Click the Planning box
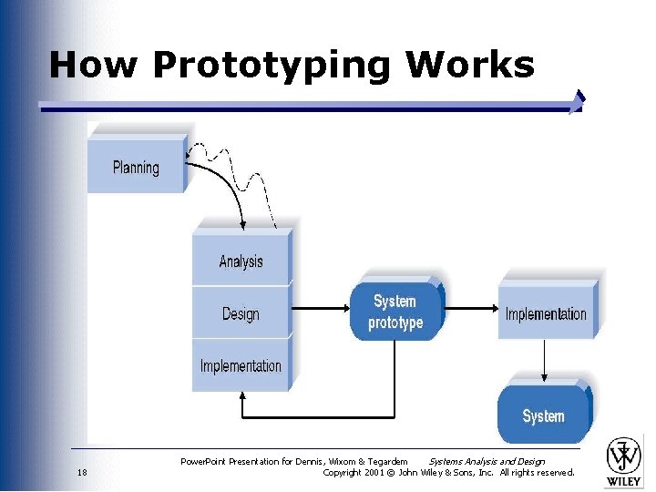[x=136, y=167]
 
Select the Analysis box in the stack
[x=241, y=261]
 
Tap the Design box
[x=241, y=314]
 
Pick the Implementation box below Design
[x=241, y=366]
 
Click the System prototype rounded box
[x=395, y=312]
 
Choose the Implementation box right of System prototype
[x=546, y=314]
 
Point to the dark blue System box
[x=543, y=416]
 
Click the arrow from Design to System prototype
[x=321, y=309]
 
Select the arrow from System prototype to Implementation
[x=469, y=309]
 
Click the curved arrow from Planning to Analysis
[x=223, y=192]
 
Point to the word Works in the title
[x=470, y=65]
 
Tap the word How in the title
[x=95, y=65]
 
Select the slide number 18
[x=83, y=473]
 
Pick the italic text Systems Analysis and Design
[x=487, y=462]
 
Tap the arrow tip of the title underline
[x=578, y=101]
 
